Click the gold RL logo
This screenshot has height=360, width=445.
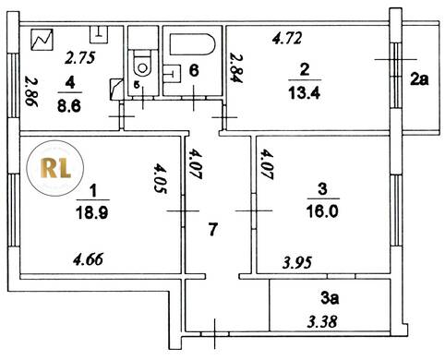[55, 168]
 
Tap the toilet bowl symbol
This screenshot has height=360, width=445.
[142, 66]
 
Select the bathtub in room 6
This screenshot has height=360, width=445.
[192, 44]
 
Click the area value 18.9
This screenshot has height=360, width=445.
[92, 212]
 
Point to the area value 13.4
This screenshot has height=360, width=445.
[305, 92]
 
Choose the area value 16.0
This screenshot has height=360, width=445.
[322, 211]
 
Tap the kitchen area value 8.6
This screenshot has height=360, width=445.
[69, 106]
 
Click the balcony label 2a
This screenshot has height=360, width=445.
[419, 80]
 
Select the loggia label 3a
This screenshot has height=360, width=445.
[330, 298]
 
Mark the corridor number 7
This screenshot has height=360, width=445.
[213, 230]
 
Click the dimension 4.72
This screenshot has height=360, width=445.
[287, 39]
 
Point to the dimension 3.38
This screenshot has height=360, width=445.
[322, 322]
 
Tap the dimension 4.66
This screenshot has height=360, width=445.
[88, 259]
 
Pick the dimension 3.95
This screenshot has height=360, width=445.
[297, 262]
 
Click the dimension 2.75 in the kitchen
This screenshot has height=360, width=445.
[80, 58]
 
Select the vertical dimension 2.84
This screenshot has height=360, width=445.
[237, 68]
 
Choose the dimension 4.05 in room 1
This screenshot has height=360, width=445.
[161, 179]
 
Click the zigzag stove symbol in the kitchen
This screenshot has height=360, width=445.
[42, 40]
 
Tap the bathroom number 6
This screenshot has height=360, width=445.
[194, 70]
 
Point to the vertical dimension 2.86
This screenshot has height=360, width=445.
[31, 91]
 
